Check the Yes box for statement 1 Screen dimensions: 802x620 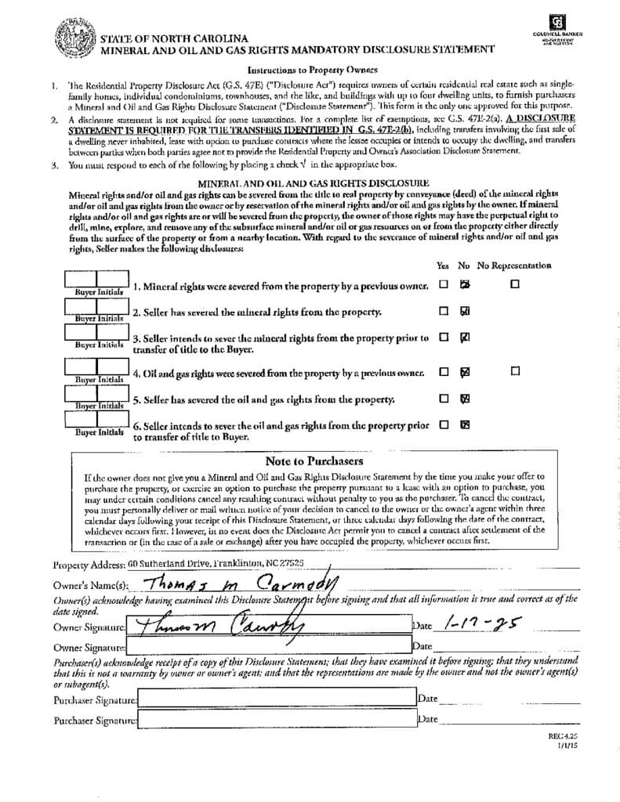click(x=444, y=284)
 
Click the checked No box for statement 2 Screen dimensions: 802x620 click(x=465, y=311)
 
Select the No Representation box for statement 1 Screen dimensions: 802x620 click(x=515, y=284)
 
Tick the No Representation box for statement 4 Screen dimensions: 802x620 click(x=515, y=371)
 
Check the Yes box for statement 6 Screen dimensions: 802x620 click(x=444, y=425)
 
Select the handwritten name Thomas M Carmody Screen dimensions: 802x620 click(x=235, y=582)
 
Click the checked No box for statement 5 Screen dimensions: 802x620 click(x=465, y=399)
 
